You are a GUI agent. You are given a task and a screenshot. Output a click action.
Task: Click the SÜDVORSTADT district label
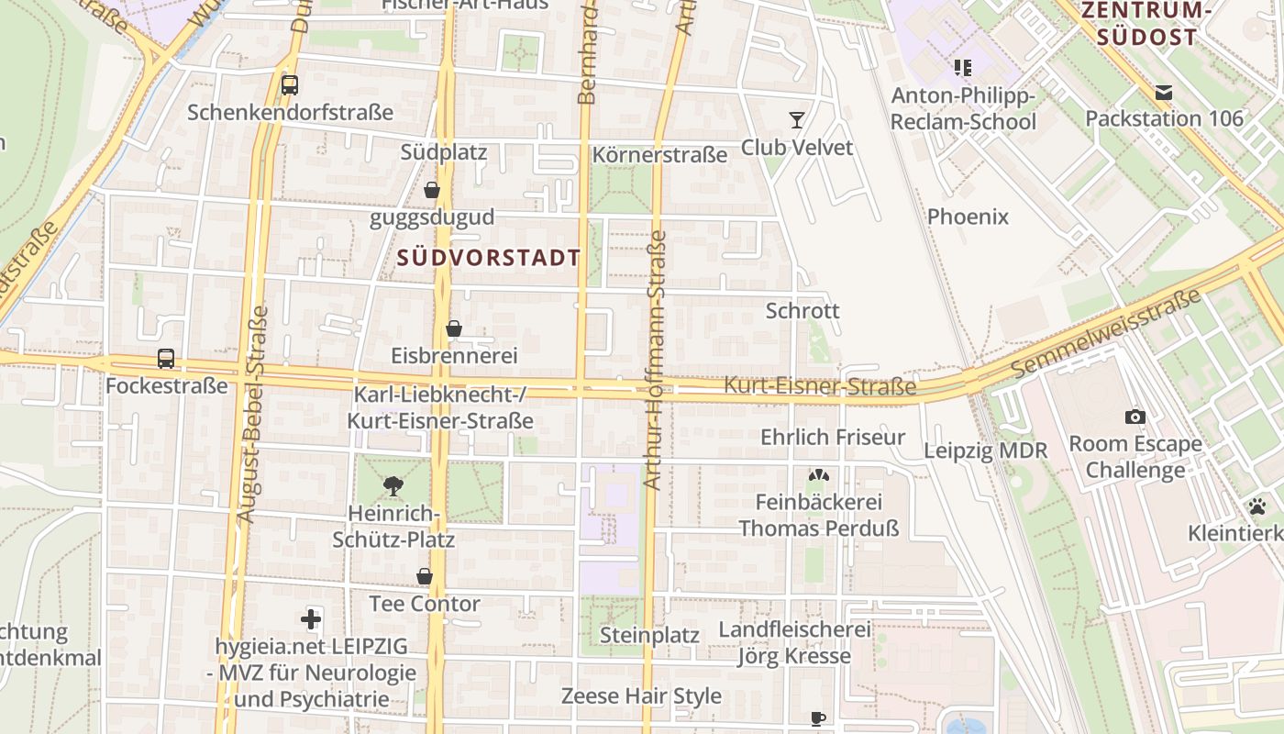coord(490,258)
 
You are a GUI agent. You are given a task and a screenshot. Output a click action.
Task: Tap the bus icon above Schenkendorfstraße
coord(290,85)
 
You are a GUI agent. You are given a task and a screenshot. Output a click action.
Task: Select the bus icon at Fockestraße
coord(166,359)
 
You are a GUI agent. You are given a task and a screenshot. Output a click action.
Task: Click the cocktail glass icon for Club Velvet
coord(796,120)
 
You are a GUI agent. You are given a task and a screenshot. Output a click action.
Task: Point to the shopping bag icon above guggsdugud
coord(432,191)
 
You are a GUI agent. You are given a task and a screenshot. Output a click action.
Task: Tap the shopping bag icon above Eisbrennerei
coord(453,328)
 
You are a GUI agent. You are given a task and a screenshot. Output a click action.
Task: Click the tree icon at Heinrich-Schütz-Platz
coord(393,485)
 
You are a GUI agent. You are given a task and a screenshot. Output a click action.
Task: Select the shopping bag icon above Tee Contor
coord(425,576)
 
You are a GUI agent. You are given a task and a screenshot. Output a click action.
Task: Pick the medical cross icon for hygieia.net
coord(311,619)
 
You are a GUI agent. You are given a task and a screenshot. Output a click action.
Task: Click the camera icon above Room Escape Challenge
coord(1135,417)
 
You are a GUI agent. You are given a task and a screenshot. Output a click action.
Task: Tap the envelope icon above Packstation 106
coord(1164,92)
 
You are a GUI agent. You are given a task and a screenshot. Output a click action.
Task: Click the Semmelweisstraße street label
coord(1108,332)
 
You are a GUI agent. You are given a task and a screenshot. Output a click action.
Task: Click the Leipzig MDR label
coord(985,450)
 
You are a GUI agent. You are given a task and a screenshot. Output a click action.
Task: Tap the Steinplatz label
coord(649,635)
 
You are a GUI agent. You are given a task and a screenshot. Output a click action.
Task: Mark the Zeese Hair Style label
coord(641,695)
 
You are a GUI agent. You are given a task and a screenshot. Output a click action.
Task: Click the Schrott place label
coord(802,310)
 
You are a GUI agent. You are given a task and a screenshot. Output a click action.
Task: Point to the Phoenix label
coord(968,217)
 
